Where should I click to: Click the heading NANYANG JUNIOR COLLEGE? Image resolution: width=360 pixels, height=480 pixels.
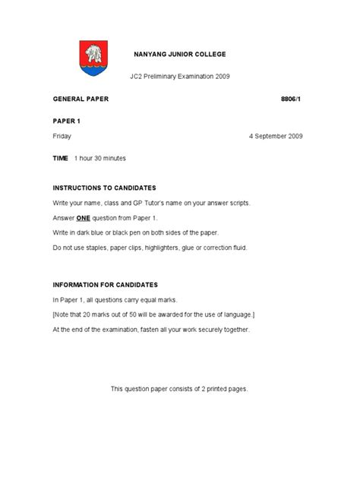point(180,55)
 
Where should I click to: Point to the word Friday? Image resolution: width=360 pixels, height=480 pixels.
point(63,136)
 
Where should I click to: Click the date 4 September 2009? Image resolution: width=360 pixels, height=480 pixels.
point(276,136)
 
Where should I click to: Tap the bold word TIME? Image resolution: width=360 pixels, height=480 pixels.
point(60,158)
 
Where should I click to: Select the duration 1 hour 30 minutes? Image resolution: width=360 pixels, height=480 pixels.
point(99,158)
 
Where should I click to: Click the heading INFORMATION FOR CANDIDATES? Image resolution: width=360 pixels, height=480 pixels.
point(105,285)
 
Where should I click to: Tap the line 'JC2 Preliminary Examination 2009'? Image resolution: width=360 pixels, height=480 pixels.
point(180,77)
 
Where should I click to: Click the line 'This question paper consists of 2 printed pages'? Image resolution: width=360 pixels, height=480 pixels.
point(179,388)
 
